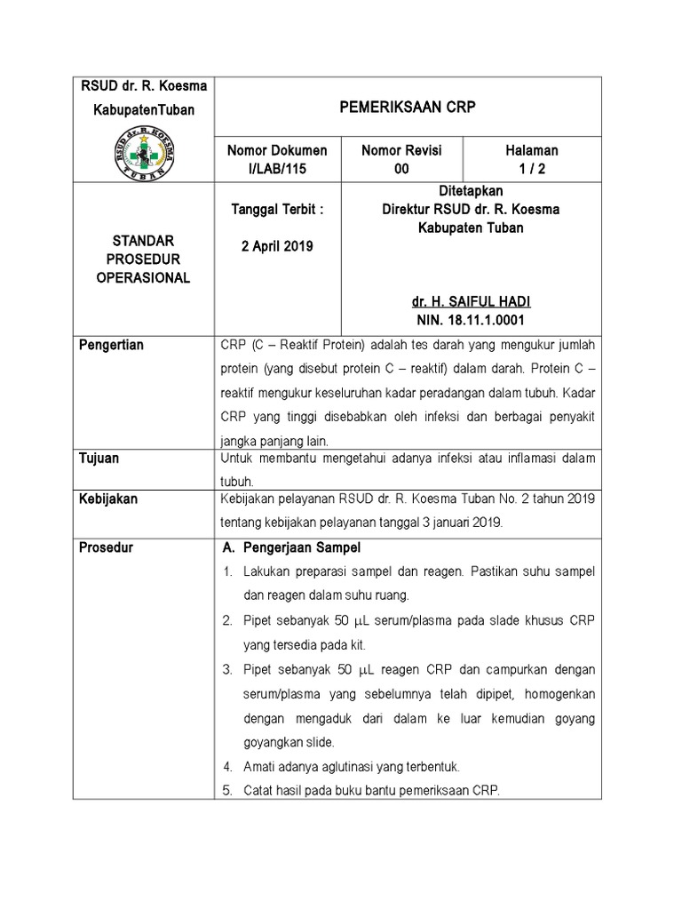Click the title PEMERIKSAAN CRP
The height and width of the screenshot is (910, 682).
[408, 107]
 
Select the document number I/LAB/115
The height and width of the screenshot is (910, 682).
[278, 168]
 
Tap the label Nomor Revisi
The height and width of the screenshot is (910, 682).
[401, 151]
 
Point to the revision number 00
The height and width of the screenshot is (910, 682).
[401, 168]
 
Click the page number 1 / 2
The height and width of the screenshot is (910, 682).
[532, 168]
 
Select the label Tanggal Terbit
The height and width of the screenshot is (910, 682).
[277, 210]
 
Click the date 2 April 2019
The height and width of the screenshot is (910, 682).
[277, 246]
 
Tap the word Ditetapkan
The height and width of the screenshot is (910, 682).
[471, 191]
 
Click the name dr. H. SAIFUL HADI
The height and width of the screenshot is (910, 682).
[471, 303]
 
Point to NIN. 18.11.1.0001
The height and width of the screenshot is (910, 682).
[471, 320]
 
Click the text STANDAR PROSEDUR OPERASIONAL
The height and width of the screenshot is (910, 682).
[144, 259]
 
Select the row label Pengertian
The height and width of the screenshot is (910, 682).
[113, 345]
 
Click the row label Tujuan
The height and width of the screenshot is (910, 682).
[100, 459]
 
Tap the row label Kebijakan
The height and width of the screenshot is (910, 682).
[109, 499]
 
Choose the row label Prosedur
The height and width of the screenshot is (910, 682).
[107, 547]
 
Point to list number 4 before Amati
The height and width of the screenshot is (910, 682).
[227, 766]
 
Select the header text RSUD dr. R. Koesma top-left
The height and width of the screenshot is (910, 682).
[144, 85]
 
